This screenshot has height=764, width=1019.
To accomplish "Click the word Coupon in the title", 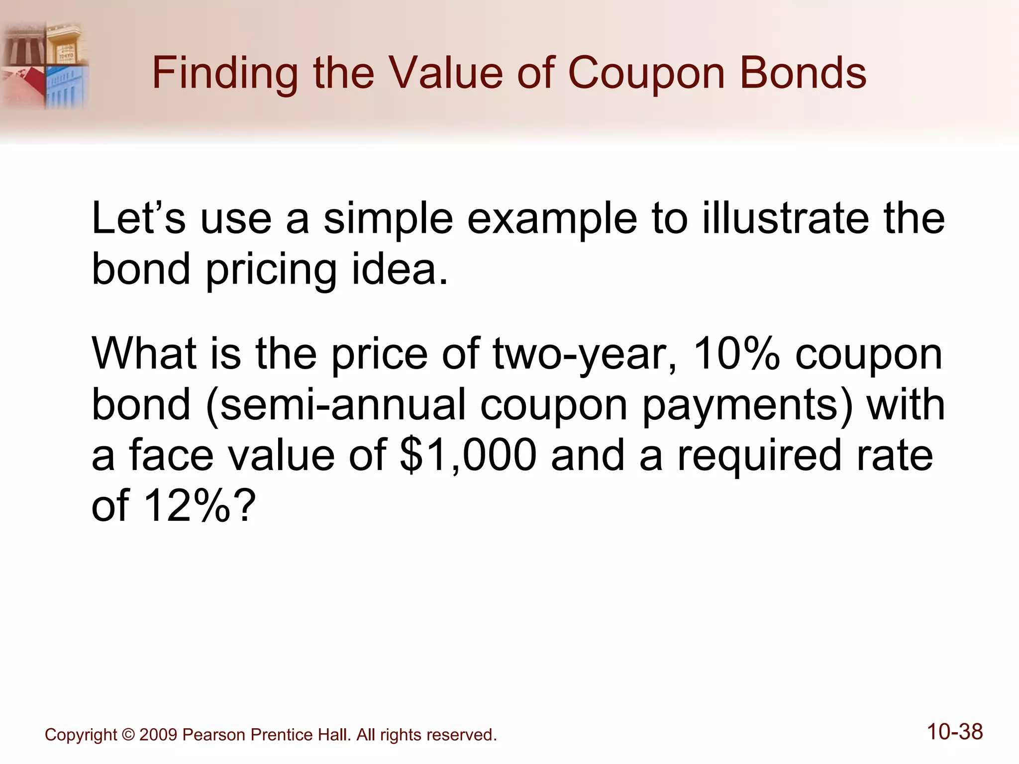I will (646, 74).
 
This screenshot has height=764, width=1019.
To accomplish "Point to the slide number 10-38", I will (955, 732).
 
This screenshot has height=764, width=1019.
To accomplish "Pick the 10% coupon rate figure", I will (736, 354).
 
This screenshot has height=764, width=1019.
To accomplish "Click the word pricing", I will (271, 270).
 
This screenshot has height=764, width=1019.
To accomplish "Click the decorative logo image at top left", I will (45, 65).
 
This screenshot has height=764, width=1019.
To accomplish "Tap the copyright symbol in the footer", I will (128, 735).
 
